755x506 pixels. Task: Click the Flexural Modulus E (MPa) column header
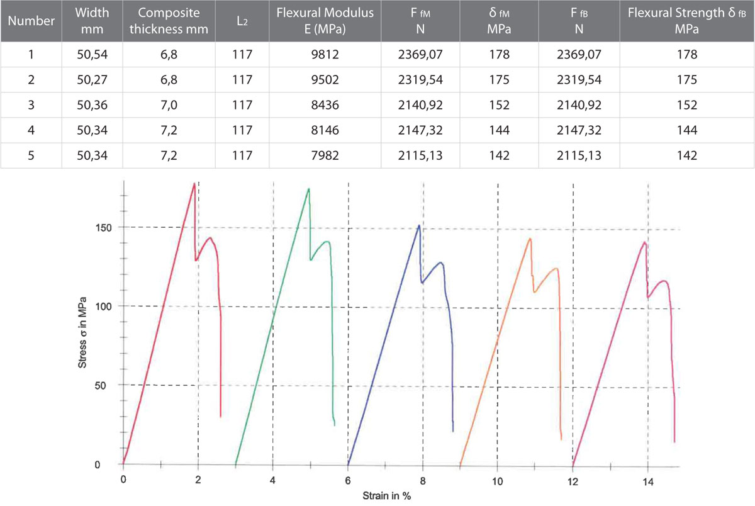pyautogui.click(x=325, y=21)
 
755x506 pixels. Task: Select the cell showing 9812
pyautogui.click(x=325, y=55)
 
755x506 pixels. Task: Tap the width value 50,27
pyautogui.click(x=91, y=80)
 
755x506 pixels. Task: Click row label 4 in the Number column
pyautogui.click(x=31, y=130)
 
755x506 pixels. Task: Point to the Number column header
pyautogui.click(x=31, y=21)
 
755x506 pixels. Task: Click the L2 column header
pyautogui.click(x=242, y=21)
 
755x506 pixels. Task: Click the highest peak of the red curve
pyautogui.click(x=194, y=183)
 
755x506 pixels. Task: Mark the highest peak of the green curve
pyautogui.click(x=308, y=189)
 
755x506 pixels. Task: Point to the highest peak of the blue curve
pyautogui.click(x=419, y=225)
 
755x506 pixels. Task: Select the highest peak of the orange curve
pyautogui.click(x=530, y=239)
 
